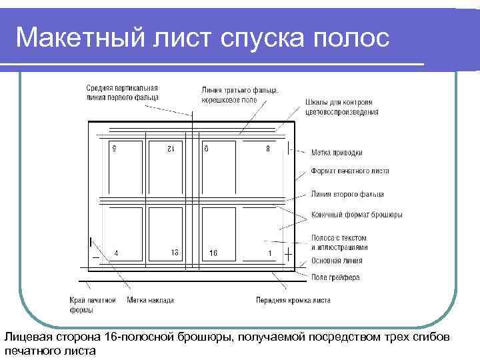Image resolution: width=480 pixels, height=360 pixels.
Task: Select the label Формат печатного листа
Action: (349, 171)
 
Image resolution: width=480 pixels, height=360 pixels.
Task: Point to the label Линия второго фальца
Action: (347, 195)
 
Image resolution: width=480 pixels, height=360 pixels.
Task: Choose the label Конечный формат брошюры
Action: (356, 215)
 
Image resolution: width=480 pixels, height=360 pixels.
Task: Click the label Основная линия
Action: (337, 261)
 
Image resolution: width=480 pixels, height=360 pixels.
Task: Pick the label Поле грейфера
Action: (335, 277)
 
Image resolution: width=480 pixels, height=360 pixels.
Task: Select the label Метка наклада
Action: (151, 300)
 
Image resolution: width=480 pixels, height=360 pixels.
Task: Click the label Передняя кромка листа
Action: (293, 300)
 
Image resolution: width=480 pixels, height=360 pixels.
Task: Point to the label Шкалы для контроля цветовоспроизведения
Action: (342, 107)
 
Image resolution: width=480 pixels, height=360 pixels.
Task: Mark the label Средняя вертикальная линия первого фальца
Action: (122, 93)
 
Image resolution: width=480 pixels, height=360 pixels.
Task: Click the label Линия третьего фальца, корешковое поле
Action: (240, 95)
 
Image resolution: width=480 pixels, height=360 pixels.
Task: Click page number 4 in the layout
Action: (117, 253)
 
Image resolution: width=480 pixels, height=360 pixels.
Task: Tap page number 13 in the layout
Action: (174, 253)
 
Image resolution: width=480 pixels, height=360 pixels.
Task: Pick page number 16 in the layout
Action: (213, 253)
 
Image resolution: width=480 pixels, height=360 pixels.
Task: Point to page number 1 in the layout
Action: (269, 253)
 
